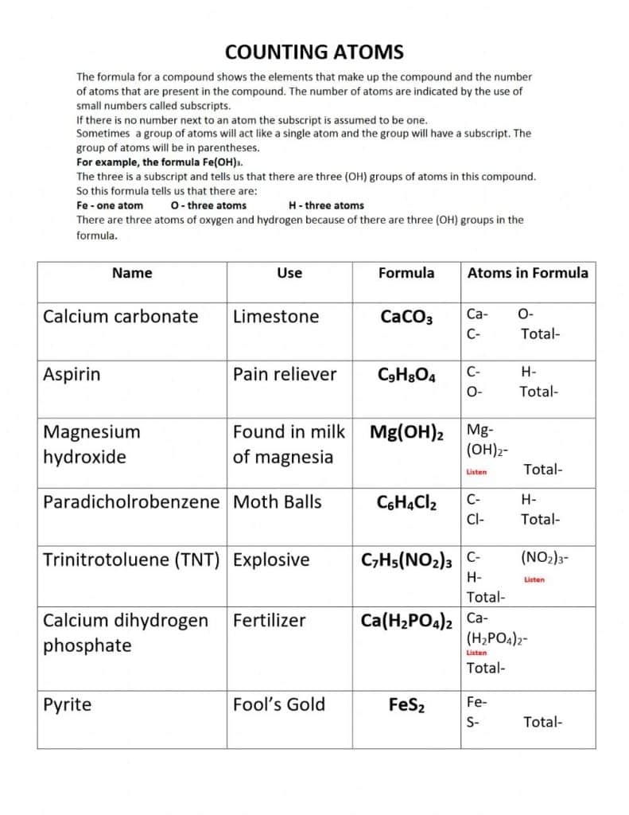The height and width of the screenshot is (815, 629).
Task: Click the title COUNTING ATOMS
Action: tap(314, 53)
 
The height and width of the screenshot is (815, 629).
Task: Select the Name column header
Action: tap(132, 273)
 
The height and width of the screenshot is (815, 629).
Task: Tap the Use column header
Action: tap(289, 273)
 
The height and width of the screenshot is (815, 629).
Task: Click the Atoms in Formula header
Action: tap(527, 273)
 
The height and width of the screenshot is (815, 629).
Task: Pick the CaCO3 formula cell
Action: tap(406, 318)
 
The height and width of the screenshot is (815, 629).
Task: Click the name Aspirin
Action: tap(72, 375)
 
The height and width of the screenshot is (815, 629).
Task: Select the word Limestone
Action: tap(276, 317)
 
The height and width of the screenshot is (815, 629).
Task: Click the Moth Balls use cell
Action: tap(277, 502)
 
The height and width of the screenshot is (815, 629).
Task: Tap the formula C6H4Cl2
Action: tap(406, 503)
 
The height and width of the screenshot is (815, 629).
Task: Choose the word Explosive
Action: tap(271, 560)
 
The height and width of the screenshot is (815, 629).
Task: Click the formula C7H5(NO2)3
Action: tap(406, 561)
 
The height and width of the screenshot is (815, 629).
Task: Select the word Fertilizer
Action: tap(269, 621)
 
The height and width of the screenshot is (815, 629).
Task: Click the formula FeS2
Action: tap(406, 706)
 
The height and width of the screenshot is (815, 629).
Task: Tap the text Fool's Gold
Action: tap(279, 704)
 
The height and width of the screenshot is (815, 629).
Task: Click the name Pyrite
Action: tap(67, 705)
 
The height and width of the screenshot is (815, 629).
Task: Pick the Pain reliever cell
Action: tap(285, 375)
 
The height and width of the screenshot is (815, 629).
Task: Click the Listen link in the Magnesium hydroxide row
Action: tap(476, 472)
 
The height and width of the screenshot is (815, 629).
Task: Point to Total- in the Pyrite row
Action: tap(543, 722)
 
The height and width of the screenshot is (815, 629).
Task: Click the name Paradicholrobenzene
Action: tap(130, 502)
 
